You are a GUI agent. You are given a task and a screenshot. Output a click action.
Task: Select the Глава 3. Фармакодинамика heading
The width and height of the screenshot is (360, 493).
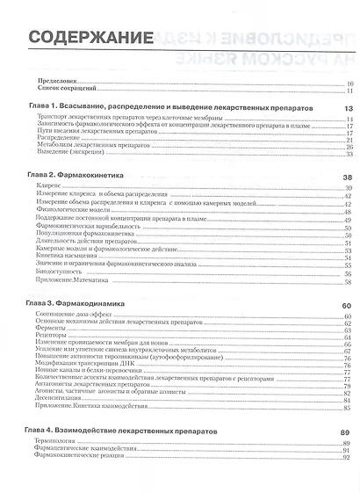(70, 304)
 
